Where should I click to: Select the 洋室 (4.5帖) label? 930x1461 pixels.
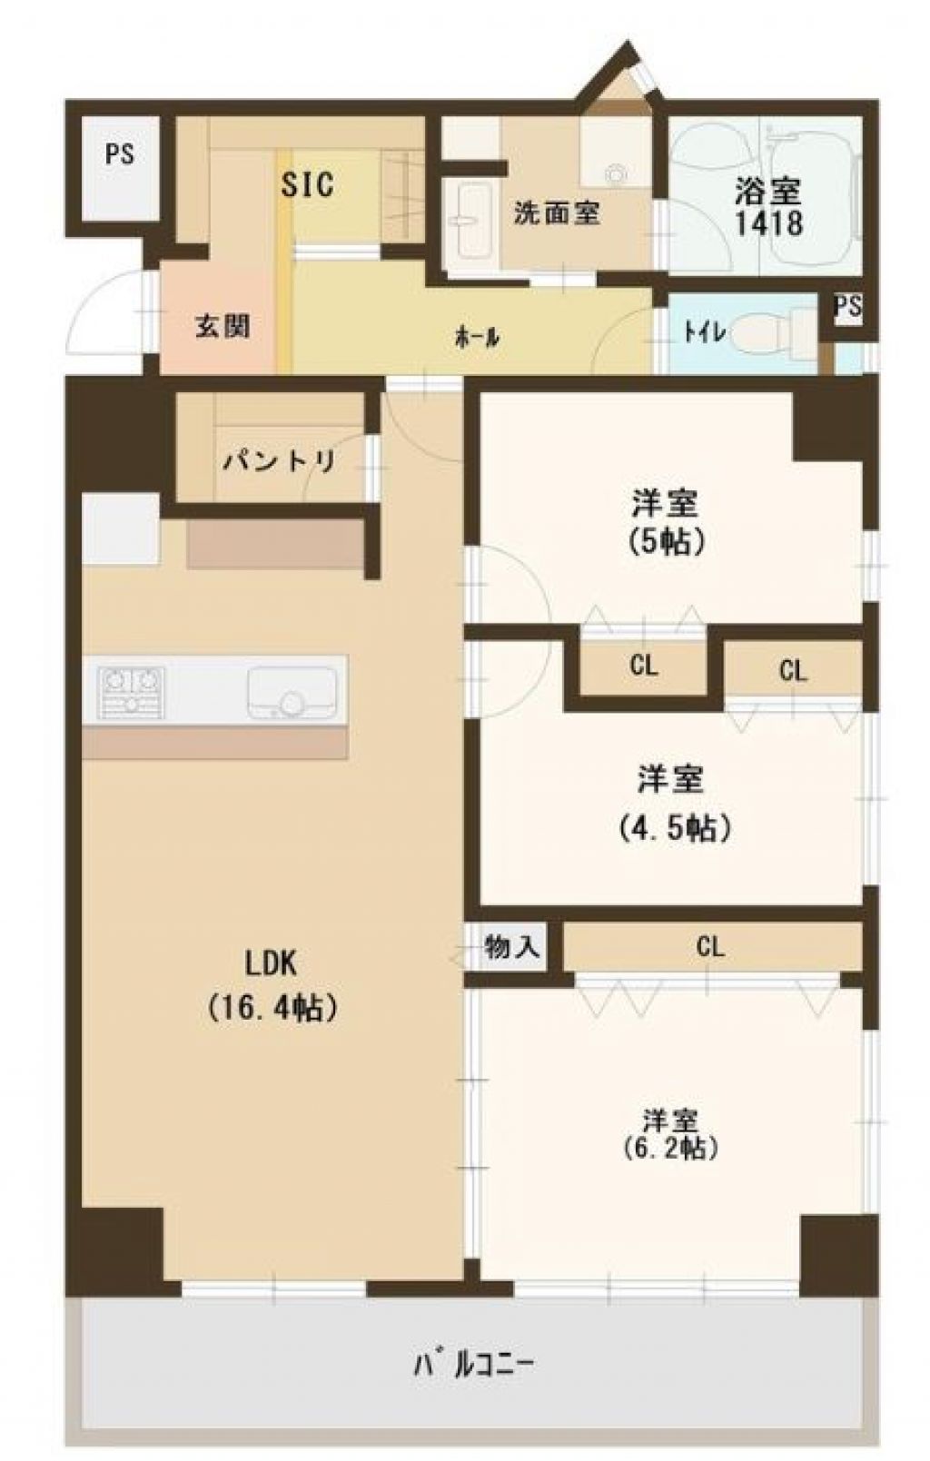(x=672, y=803)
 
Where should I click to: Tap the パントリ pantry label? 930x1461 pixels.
(x=280, y=461)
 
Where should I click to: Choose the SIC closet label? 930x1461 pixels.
(x=308, y=184)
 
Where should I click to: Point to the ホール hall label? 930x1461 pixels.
(x=477, y=337)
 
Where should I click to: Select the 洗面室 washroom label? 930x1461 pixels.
(x=558, y=212)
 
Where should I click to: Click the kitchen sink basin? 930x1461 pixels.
(x=292, y=693)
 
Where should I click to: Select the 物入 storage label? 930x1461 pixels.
(x=512, y=947)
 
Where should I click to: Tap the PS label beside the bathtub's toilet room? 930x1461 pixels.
(x=849, y=307)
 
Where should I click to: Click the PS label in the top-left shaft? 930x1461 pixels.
(x=120, y=154)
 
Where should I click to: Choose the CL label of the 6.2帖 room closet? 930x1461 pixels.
(x=710, y=946)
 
